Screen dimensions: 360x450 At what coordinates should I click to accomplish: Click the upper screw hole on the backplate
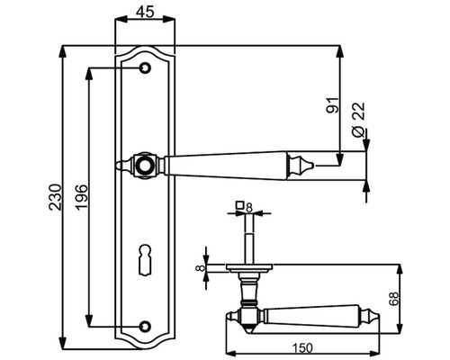click(x=144, y=67)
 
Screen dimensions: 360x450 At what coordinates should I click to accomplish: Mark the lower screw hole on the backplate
click(x=144, y=325)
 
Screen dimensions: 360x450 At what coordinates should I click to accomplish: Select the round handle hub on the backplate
click(x=144, y=165)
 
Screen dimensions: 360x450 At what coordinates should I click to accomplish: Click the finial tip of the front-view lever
click(x=307, y=165)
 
